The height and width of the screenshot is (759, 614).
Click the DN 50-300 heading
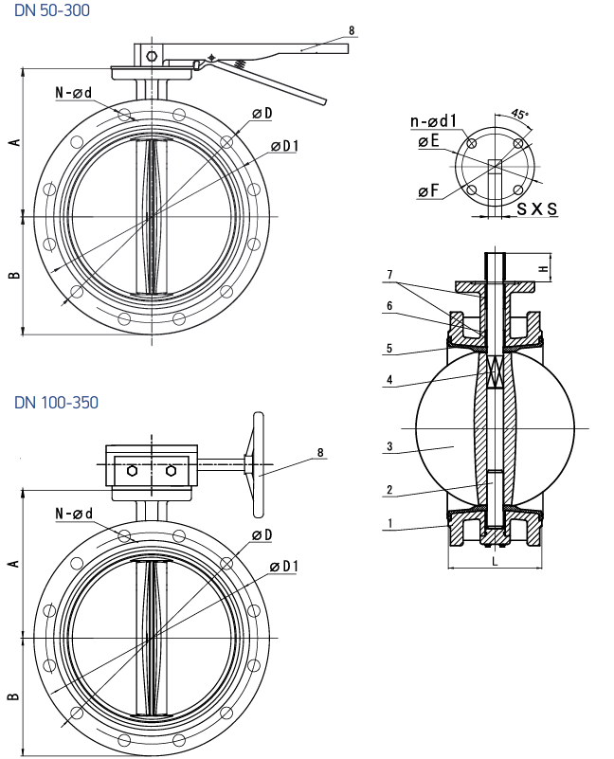[52, 10]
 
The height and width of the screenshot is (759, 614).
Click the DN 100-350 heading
[56, 403]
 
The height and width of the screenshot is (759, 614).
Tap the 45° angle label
[519, 115]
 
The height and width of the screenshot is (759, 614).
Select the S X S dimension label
[537, 208]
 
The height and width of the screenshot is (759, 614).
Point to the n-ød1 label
[433, 121]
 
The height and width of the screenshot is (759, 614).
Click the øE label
[428, 141]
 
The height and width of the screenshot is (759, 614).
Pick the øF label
[428, 190]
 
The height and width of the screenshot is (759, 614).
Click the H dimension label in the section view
[544, 267]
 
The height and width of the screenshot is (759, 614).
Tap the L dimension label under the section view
[495, 561]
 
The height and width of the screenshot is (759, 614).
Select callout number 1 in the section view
[389, 523]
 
